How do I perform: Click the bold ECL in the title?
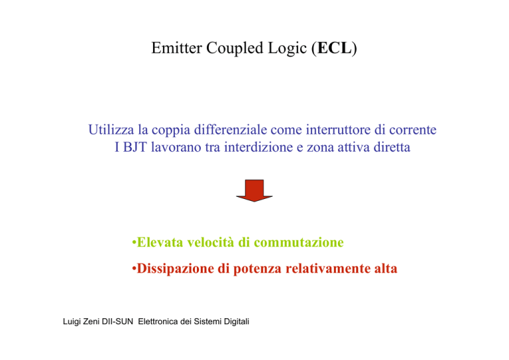pyautogui.click(x=334, y=48)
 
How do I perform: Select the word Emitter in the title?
pyautogui.click(x=176, y=48)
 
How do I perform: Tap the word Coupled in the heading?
pyautogui.click(x=235, y=48)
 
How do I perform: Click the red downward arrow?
pyautogui.click(x=254, y=190)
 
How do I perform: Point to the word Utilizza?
pyautogui.click(x=111, y=129)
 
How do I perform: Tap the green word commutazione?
pyautogui.click(x=299, y=243)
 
